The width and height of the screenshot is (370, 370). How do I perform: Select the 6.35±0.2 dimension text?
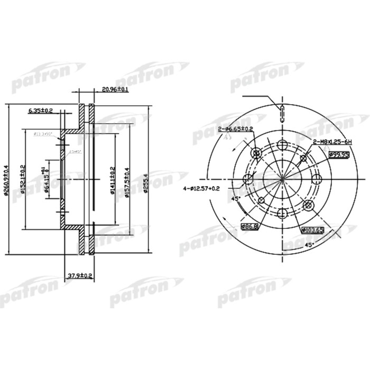tap(41, 111)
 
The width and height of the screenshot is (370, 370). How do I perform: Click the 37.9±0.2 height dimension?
tap(80, 275)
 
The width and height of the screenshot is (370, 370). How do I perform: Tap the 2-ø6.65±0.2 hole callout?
tap(235, 128)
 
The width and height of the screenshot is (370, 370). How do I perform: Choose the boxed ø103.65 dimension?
tap(312, 230)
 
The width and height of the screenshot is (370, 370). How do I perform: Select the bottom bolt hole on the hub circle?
tap(282, 212)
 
